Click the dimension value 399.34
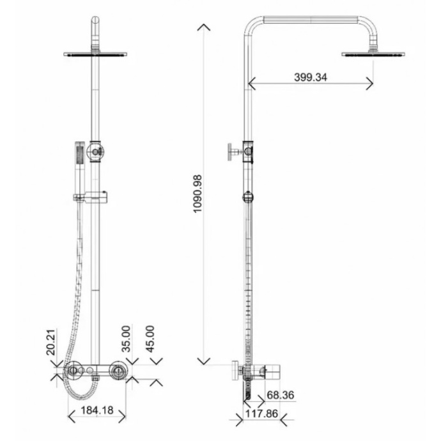click(x=311, y=77)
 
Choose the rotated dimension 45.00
click(x=151, y=337)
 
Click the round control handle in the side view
click(x=236, y=370)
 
